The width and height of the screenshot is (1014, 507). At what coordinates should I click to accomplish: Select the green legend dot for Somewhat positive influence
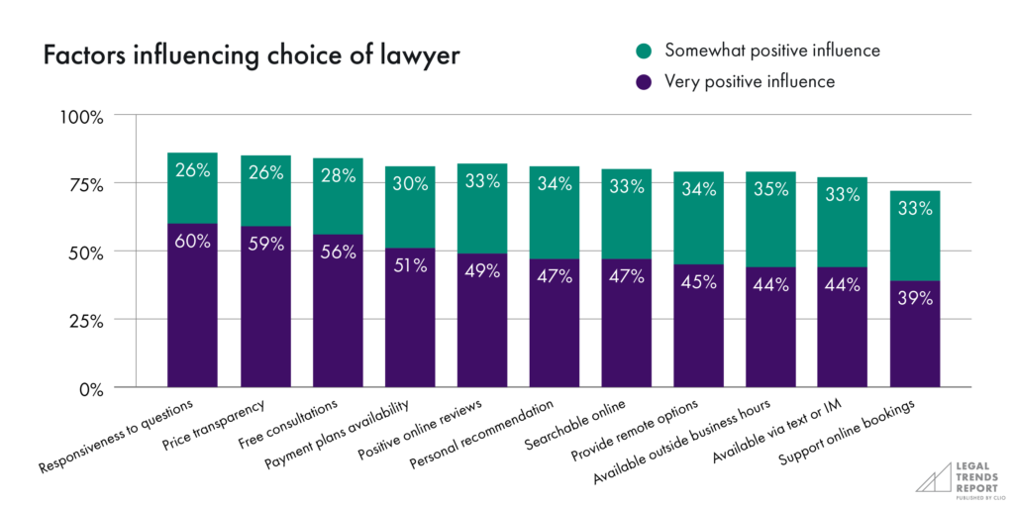tap(644, 50)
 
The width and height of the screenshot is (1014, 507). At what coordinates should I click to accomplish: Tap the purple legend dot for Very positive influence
tap(644, 82)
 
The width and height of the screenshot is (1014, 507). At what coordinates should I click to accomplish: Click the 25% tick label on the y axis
tap(85, 321)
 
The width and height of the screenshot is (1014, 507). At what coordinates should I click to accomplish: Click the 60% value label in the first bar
tap(192, 241)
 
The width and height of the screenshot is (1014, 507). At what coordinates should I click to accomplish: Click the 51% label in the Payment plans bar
tap(409, 265)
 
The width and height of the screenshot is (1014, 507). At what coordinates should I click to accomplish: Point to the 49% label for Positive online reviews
tap(481, 270)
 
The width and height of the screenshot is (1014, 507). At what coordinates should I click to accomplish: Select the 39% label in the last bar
tap(915, 297)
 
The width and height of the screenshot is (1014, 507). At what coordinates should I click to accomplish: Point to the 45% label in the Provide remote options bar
tap(698, 282)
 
